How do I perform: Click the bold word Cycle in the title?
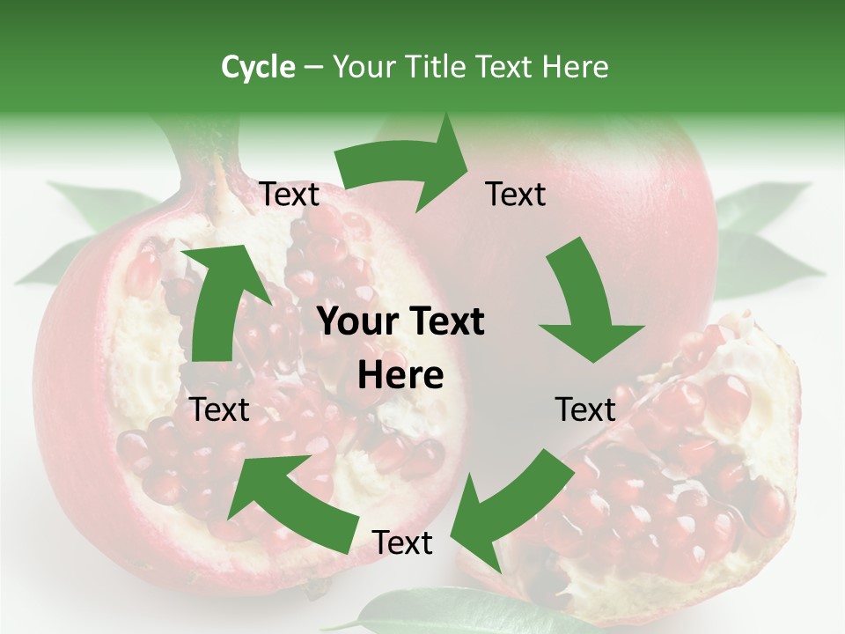pyautogui.click(x=258, y=67)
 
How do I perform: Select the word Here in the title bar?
pyautogui.click(x=575, y=67)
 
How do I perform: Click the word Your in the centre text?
pyautogui.click(x=351, y=322)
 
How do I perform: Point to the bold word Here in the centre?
pyautogui.click(x=400, y=376)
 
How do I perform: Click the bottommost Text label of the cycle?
pyautogui.click(x=402, y=543)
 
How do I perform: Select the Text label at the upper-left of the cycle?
pyautogui.click(x=289, y=195)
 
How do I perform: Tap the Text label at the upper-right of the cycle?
pyautogui.click(x=516, y=195)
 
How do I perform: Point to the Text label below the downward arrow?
pyautogui.click(x=585, y=409)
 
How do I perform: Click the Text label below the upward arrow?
pyautogui.click(x=220, y=409)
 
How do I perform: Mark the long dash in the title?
pyautogui.click(x=313, y=68)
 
